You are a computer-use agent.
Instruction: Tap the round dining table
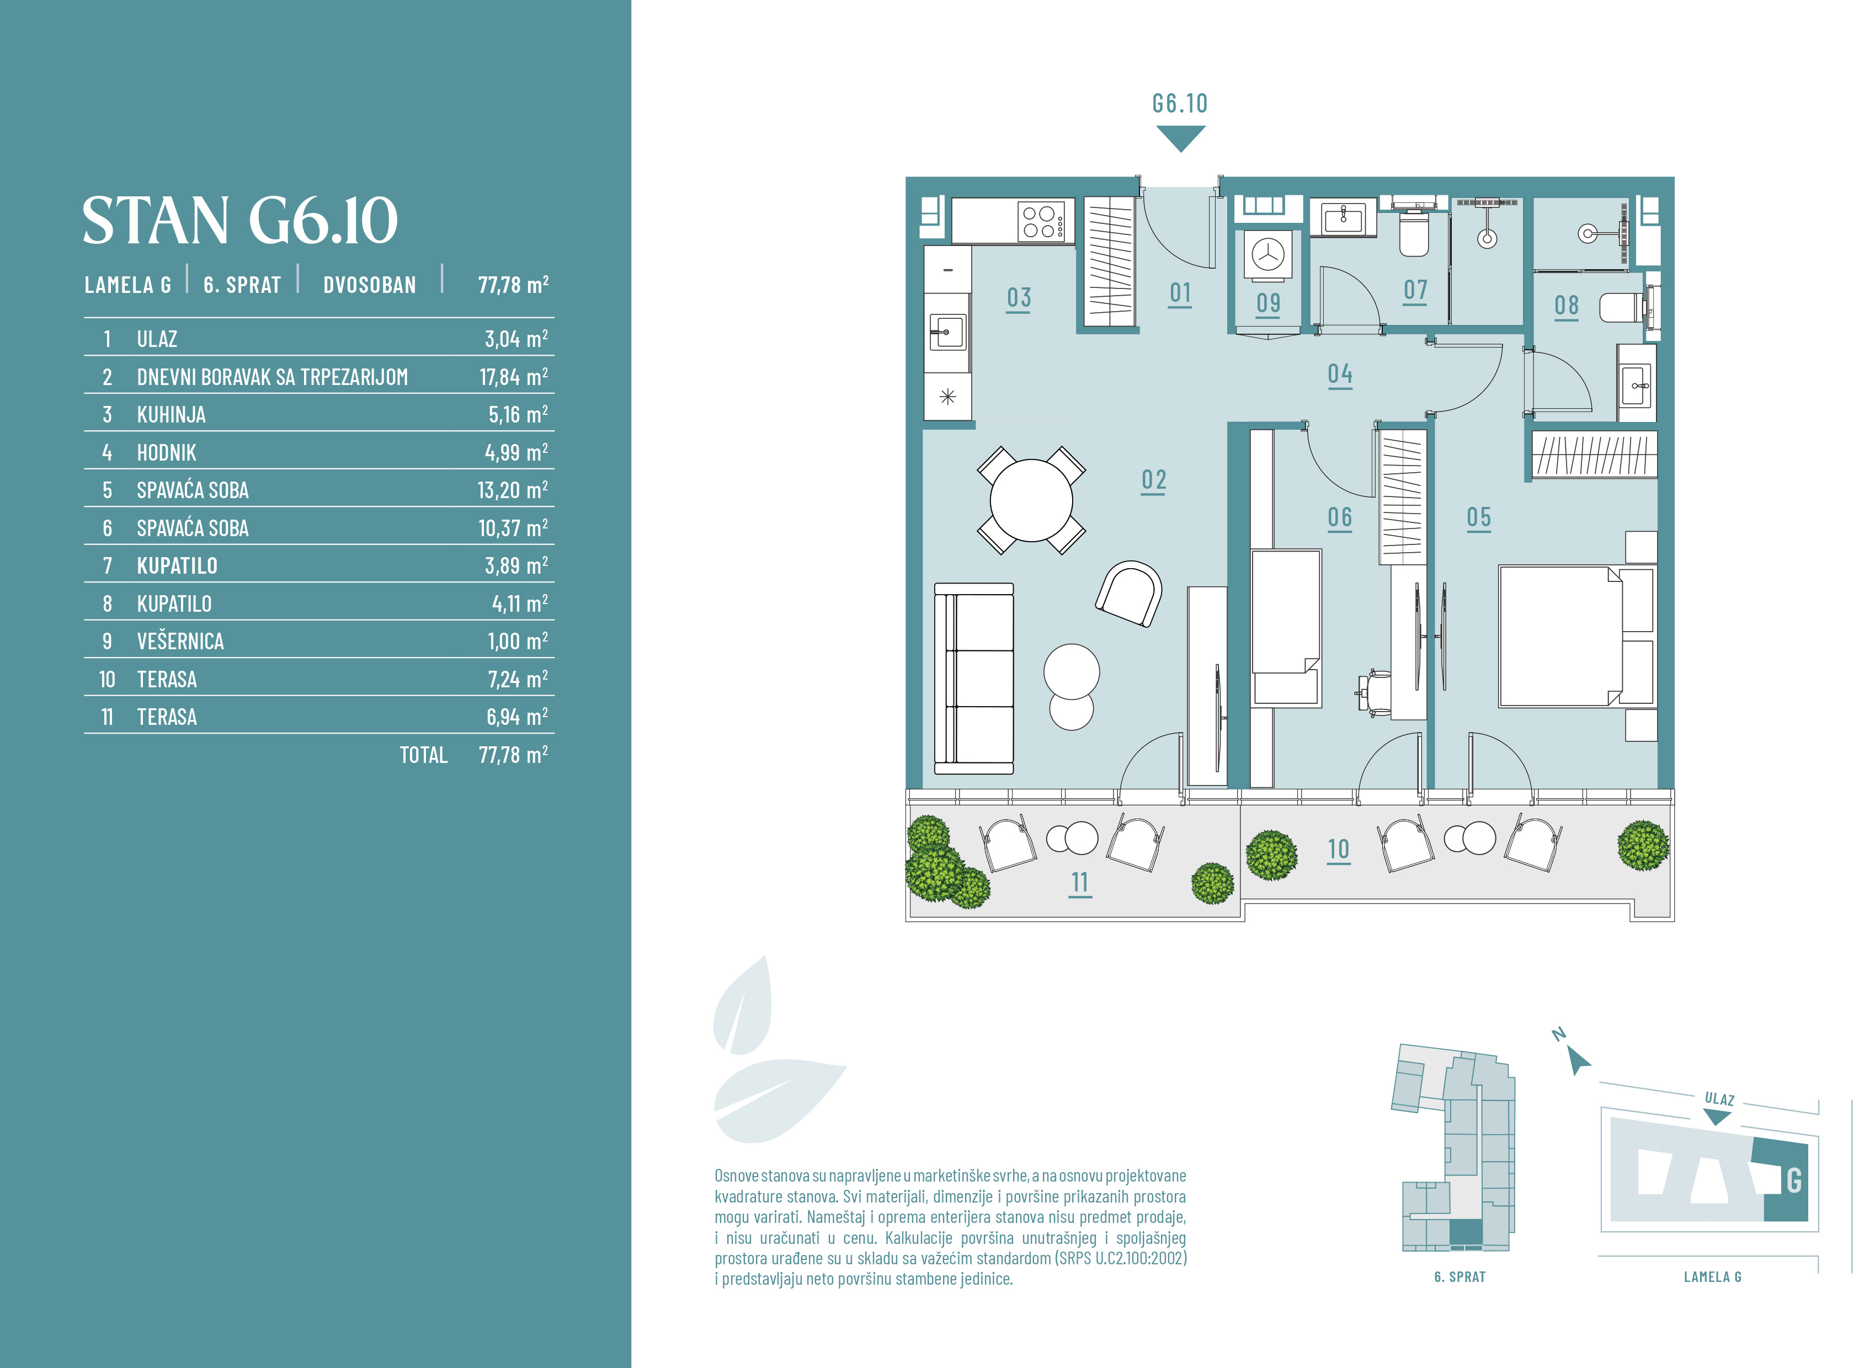(x=1031, y=500)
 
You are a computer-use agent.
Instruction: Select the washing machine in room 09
(x=1267, y=254)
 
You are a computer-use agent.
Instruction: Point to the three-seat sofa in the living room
(x=974, y=678)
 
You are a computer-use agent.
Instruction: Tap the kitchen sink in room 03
(x=947, y=332)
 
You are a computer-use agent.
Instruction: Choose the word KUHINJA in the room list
(x=172, y=415)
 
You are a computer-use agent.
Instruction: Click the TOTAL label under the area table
(x=423, y=755)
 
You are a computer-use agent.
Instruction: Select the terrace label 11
(x=1080, y=883)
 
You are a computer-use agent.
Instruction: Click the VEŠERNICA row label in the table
(x=180, y=642)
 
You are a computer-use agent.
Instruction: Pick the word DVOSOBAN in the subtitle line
(x=369, y=285)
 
